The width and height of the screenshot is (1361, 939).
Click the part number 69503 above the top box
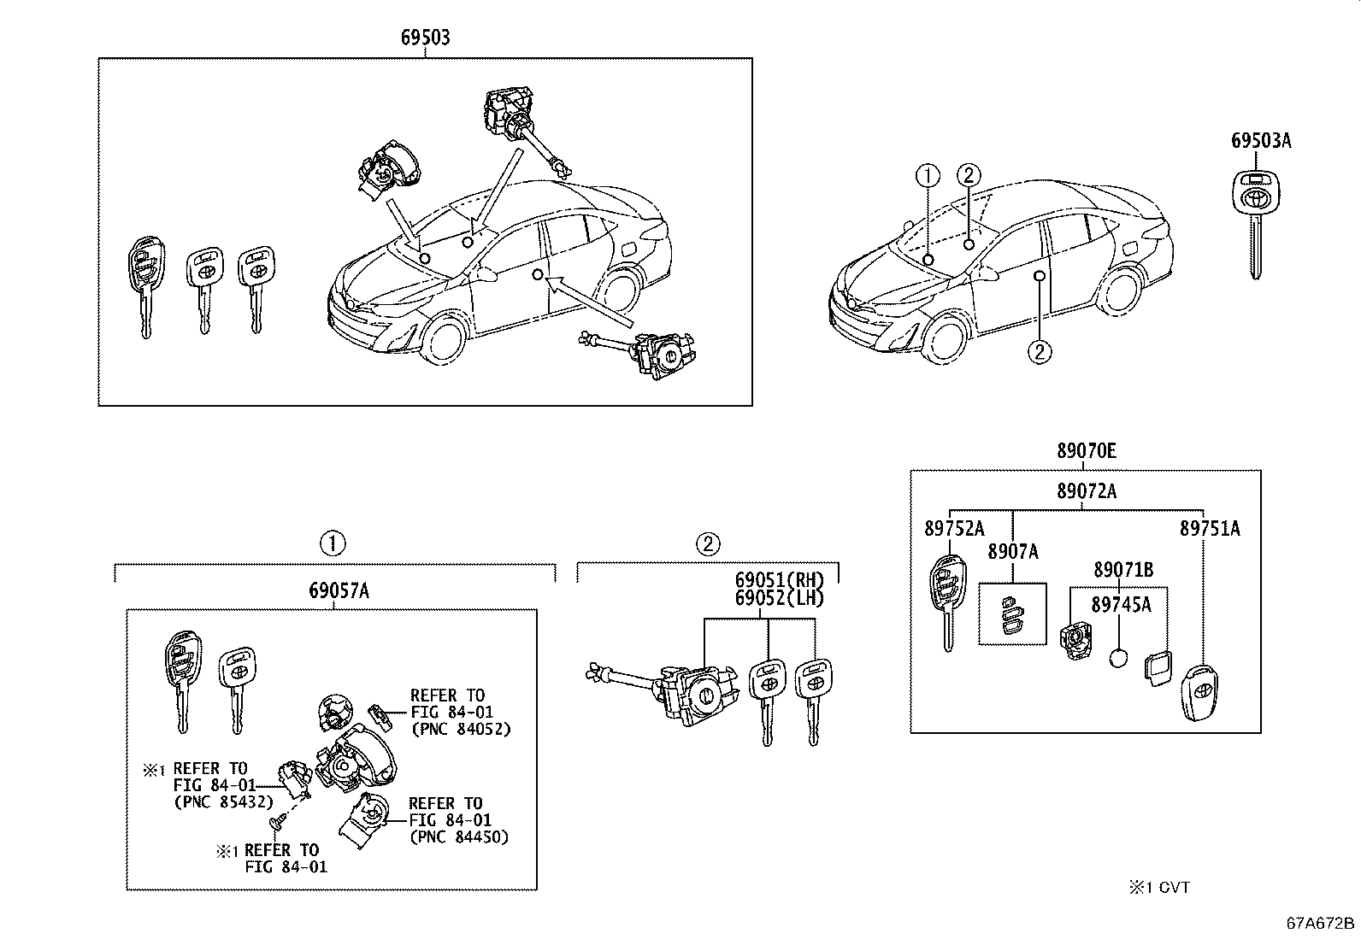[426, 38]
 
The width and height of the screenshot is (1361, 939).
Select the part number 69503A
[1261, 141]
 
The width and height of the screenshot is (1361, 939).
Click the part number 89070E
[1087, 450]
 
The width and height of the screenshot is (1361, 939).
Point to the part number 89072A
[1087, 490]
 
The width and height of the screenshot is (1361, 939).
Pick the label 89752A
[955, 529]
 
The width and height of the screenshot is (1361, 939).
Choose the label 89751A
[1210, 529]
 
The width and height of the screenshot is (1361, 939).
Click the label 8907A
[1013, 551]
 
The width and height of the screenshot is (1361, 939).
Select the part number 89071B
[1123, 570]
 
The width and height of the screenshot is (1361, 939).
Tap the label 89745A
[1121, 605]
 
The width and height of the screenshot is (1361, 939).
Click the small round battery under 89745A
[1118, 659]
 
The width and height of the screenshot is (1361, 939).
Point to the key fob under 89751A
[1199, 693]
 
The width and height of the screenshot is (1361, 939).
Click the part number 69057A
[339, 590]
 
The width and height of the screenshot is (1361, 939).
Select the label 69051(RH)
[780, 580]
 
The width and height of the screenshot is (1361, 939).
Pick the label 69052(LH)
[780, 598]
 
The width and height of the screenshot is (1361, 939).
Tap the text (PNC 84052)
[461, 729]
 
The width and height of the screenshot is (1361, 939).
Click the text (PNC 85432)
[224, 802]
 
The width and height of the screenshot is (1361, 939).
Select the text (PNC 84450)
[459, 837]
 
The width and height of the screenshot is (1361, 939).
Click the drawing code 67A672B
[1320, 924]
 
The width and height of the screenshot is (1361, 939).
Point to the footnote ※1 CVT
[1159, 888]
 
